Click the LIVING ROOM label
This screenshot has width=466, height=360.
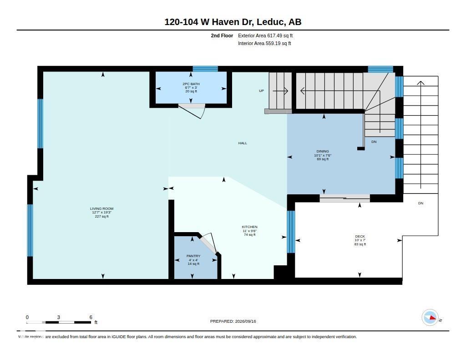point(101,209)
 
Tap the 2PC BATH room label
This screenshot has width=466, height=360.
point(191,84)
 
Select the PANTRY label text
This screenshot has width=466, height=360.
point(193,256)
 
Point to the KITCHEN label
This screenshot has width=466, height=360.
point(250,227)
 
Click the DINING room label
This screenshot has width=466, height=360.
point(323,151)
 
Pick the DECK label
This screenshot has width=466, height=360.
point(360,237)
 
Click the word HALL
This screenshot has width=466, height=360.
point(243,143)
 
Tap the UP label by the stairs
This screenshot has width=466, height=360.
point(261,91)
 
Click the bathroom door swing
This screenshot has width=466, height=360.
point(192,111)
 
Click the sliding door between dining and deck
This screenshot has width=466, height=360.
point(345,198)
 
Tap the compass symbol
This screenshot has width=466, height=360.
point(430,318)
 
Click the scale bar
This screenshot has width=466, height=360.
point(59,322)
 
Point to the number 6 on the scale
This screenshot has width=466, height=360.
point(91,317)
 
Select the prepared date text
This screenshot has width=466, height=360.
point(233,321)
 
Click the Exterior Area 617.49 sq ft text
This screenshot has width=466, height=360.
point(265,35)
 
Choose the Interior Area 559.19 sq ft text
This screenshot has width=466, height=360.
point(264,43)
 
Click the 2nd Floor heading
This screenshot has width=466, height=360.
point(222,35)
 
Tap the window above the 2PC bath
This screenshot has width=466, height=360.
point(205,69)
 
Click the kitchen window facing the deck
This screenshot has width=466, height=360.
point(291,232)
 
